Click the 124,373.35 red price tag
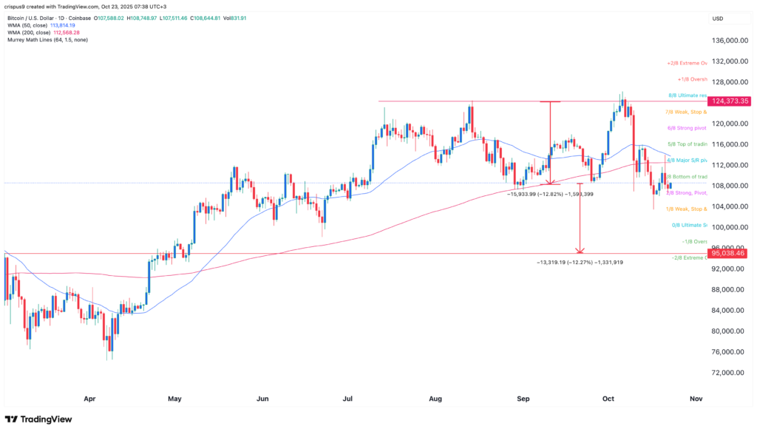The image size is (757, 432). pyautogui.click(x=730, y=101)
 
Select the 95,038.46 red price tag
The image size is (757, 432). pyautogui.click(x=730, y=253)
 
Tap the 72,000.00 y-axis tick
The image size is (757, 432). pyautogui.click(x=727, y=372)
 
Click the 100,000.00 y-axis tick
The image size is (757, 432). pyautogui.click(x=727, y=227)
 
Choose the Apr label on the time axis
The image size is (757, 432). pyautogui.click(x=89, y=399)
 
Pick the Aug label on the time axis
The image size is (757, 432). pyautogui.click(x=435, y=399)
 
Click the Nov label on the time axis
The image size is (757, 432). pyautogui.click(x=696, y=399)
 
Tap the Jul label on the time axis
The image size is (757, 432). pyautogui.click(x=348, y=399)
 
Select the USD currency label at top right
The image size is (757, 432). pyautogui.click(x=716, y=18)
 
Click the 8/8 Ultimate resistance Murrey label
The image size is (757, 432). pyautogui.click(x=688, y=96)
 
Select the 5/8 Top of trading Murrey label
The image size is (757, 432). pyautogui.click(x=688, y=144)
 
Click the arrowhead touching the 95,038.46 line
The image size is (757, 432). pyautogui.click(x=581, y=250)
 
